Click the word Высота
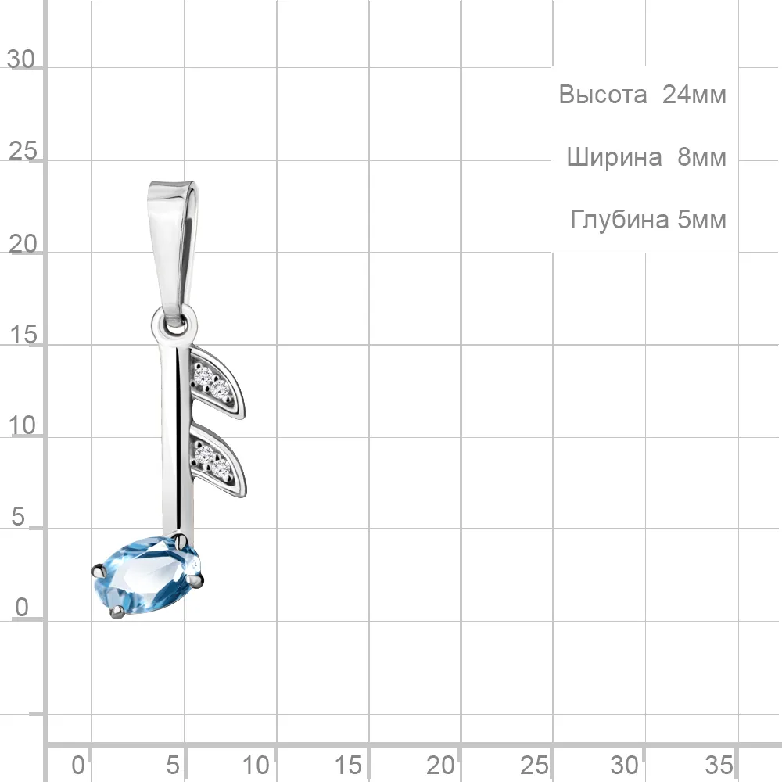coord(602,95)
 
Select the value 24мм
coord(694,95)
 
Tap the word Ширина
coord(614,157)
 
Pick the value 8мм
coord(701,157)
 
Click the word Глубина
coord(620,220)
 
